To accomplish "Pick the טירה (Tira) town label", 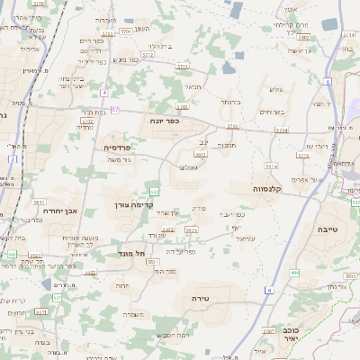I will [x=200, y=296].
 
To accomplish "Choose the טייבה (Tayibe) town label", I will [x=328, y=229].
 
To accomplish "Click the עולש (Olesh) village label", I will [x=277, y=88].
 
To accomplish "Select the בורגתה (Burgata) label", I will [x=232, y=103].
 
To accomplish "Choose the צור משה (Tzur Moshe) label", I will [x=119, y=159].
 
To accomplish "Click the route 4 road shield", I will [x=105, y=93].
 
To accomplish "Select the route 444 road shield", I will [x=294, y=272].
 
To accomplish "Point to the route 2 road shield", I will [x=13, y=158].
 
